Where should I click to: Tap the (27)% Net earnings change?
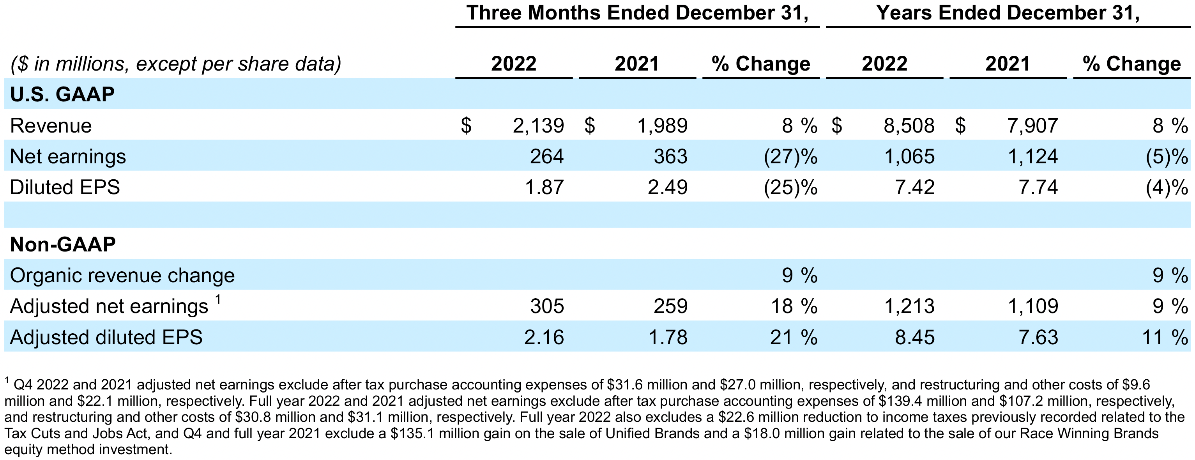pos(790,156)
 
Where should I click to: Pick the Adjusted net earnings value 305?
pos(547,306)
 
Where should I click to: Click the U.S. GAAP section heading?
pos(62,95)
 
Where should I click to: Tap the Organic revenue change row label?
pos(122,276)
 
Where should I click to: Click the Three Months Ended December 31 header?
pos(637,12)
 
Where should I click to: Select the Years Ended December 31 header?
pos(1008,12)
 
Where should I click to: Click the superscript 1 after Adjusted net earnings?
pos(218,299)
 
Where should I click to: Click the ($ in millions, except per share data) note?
pos(175,64)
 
